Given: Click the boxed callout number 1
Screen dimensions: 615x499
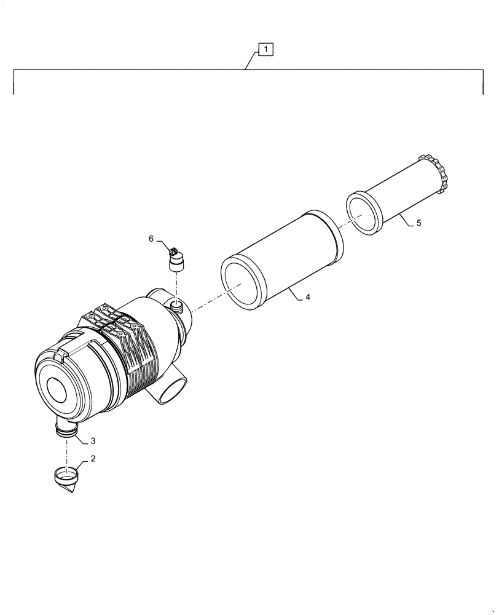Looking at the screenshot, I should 265,49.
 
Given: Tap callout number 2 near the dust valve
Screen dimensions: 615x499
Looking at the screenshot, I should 93,459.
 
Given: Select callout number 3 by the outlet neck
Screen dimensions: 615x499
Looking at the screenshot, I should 93,441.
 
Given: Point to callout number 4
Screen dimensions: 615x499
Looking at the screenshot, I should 308,297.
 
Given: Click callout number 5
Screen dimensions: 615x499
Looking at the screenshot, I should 418,223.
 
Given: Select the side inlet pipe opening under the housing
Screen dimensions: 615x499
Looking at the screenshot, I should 172,393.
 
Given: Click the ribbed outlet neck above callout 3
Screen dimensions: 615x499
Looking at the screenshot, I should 66,429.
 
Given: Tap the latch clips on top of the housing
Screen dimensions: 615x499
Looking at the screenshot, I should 111,320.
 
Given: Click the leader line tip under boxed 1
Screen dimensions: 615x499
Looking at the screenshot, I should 246,70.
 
